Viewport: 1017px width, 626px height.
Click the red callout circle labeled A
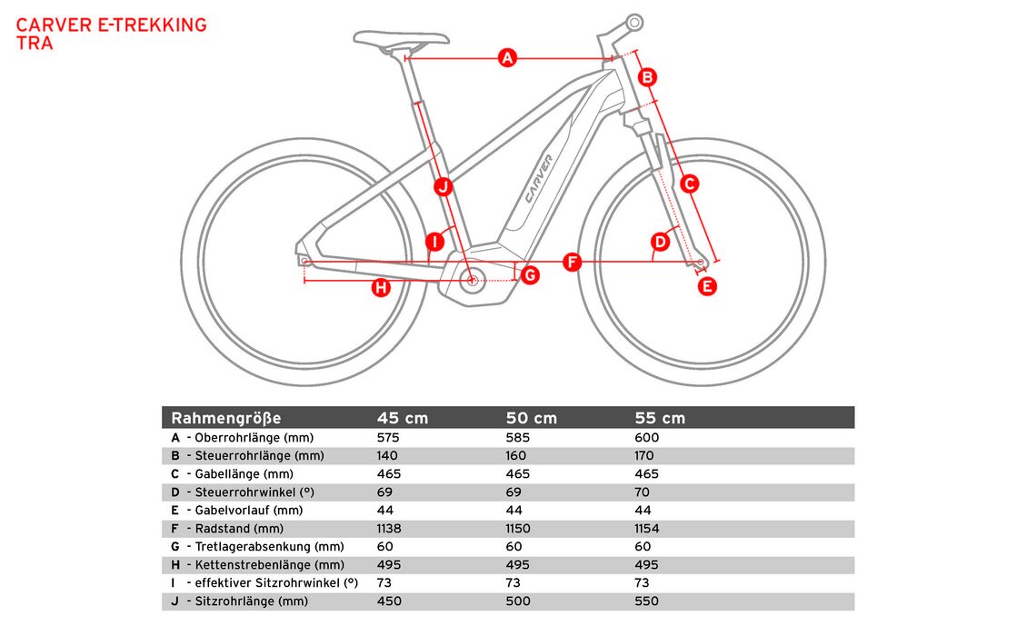pos(507,59)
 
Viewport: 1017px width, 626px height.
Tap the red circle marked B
pos(647,78)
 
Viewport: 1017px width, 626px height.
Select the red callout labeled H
pos(381,288)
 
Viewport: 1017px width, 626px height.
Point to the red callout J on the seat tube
pos(443,187)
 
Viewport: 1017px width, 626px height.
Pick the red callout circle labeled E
pos(706,286)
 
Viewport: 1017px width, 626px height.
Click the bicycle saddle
pos(401,39)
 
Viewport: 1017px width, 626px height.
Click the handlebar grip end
pos(633,22)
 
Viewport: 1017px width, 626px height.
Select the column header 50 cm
pos(531,418)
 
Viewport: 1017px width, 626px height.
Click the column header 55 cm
pos(660,418)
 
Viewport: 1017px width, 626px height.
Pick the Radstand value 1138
pos(389,529)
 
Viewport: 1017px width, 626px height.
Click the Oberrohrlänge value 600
pos(648,438)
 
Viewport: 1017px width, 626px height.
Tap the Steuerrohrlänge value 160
pos(518,456)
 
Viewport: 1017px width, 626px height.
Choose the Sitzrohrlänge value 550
pos(648,601)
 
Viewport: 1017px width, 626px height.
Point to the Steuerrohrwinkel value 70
pos(643,492)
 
